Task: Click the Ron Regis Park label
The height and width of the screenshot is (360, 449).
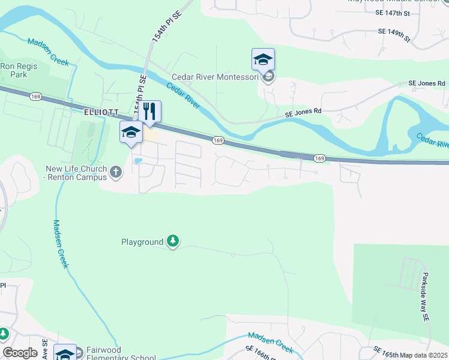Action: point(14,71)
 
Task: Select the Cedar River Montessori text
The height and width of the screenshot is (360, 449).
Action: point(215,77)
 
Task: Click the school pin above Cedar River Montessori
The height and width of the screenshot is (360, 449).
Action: point(263,60)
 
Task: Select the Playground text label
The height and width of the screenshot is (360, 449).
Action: point(142,242)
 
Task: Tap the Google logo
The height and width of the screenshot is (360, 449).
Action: point(20,353)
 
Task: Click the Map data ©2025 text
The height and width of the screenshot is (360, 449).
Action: point(424,355)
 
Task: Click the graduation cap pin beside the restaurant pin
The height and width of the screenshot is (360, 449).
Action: point(131,133)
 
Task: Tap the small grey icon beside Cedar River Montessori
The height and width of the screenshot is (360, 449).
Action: point(268,77)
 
